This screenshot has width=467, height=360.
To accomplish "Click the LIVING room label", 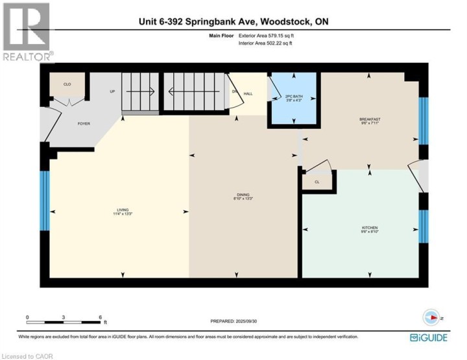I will coord(123,210).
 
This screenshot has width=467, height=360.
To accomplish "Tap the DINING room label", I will coord(243,195).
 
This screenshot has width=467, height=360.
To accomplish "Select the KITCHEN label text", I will coord(369,228).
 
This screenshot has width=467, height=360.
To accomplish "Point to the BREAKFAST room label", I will coord(369,119).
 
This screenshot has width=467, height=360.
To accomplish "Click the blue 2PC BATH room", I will coord(294,99).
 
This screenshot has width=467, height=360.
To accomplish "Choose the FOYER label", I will coord(84,123).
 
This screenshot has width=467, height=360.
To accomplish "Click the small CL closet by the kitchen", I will coord(317,182).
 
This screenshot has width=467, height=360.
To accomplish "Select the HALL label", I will coord(248,94).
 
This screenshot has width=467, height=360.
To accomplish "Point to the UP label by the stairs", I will coord(112,91).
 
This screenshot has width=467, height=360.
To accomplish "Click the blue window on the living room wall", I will coord(45,200).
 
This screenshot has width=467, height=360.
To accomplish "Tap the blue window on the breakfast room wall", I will coord(423,121).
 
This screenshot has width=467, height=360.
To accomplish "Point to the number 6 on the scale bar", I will coord(101,317).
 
